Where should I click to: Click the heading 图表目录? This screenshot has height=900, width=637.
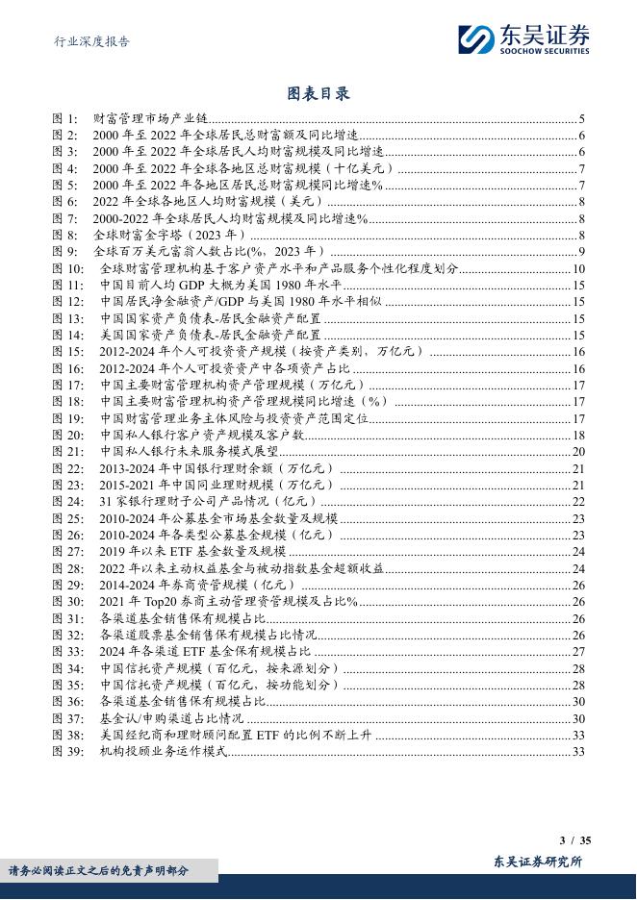[318, 93]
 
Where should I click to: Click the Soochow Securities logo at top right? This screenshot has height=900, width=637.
[523, 38]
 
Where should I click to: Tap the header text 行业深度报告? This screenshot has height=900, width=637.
[89, 41]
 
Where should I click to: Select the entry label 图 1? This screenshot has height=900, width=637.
[64, 118]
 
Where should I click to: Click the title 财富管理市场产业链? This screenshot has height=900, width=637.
[144, 118]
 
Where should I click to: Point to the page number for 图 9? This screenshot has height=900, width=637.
[582, 252]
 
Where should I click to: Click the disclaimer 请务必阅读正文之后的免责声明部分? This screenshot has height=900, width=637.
[99, 871]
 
